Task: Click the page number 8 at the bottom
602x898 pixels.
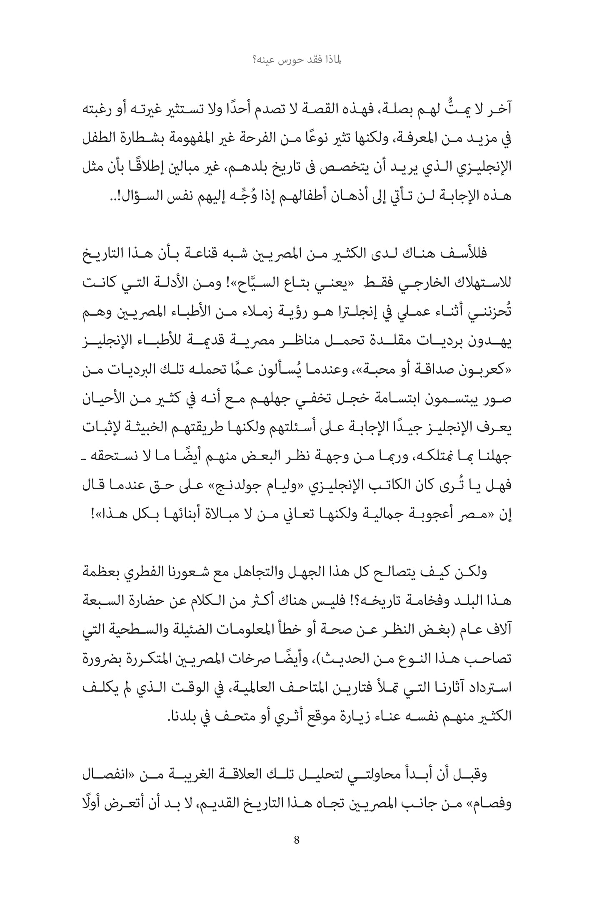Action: (x=297, y=840)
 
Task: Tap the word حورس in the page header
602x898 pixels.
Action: (x=296, y=60)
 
